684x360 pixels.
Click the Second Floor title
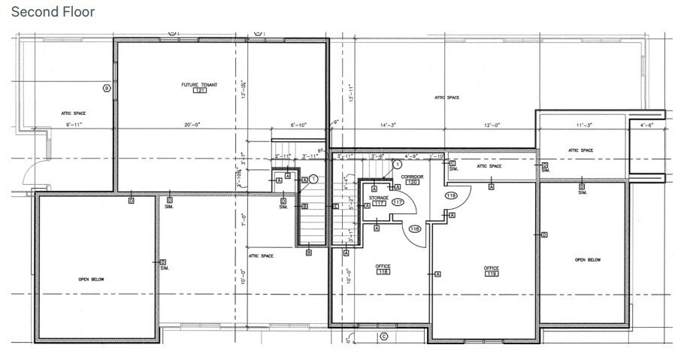click(53, 12)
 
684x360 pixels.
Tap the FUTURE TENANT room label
click(199, 84)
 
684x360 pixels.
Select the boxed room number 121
click(199, 90)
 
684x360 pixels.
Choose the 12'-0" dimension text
click(492, 125)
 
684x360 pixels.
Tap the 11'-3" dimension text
click(583, 125)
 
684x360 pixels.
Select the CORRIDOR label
click(413, 177)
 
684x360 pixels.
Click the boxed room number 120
click(412, 183)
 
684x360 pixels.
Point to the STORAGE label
click(378, 197)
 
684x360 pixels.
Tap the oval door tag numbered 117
click(398, 203)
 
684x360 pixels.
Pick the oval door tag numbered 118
click(414, 228)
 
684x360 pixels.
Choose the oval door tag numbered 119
click(451, 195)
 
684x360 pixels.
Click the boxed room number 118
click(383, 271)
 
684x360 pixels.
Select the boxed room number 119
click(492, 274)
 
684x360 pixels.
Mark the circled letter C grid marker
click(383, 336)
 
